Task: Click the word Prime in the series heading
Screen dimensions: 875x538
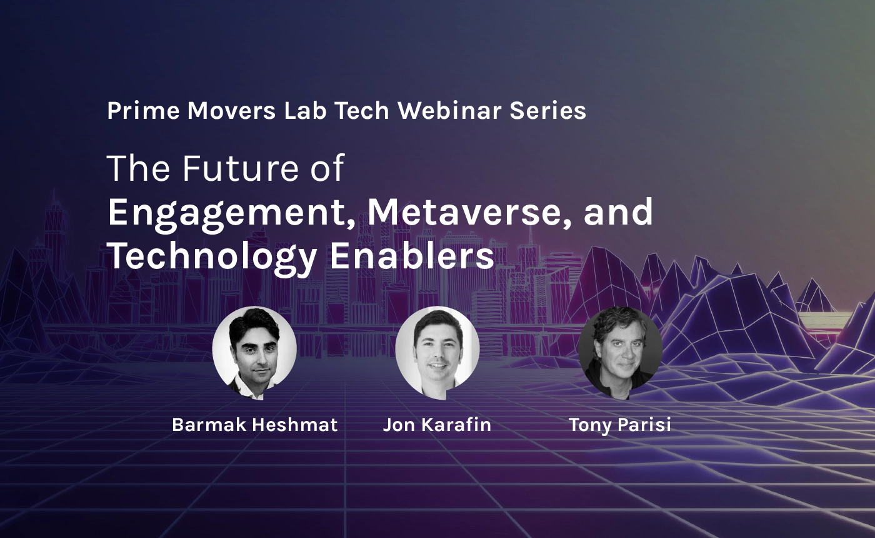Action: click(143, 111)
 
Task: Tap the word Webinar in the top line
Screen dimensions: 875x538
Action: click(449, 111)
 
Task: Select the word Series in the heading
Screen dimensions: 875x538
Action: click(547, 111)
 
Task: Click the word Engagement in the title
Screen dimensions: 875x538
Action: click(231, 215)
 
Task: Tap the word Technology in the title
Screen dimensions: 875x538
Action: click(212, 258)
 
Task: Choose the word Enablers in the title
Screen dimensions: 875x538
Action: click(412, 255)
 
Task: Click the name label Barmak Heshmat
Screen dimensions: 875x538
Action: click(255, 425)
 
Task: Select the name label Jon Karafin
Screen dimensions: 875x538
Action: click(437, 425)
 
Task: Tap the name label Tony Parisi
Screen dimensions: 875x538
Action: click(620, 425)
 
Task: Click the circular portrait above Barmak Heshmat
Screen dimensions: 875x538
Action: click(254, 352)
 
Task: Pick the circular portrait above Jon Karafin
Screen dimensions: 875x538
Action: click(437, 352)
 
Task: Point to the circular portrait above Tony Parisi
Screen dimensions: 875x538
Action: click(620, 352)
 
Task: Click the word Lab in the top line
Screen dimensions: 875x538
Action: click(305, 111)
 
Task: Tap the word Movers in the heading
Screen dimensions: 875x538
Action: click(231, 111)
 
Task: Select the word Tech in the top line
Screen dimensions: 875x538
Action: click(362, 111)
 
